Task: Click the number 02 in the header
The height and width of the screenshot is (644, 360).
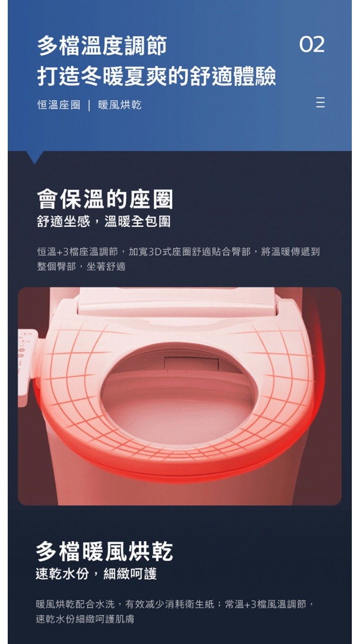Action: [312, 45]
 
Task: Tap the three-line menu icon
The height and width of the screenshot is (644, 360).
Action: [320, 102]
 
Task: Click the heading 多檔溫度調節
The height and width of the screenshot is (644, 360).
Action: [102, 45]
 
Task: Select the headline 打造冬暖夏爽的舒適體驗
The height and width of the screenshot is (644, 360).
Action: [156, 76]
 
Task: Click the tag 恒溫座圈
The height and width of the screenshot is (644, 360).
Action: [59, 105]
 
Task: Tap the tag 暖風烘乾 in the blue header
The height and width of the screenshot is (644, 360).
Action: [120, 105]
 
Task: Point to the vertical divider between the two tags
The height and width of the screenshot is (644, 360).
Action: [89, 105]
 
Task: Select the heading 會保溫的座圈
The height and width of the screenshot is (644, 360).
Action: [105, 199]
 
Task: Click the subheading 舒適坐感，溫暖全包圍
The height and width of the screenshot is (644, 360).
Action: [104, 222]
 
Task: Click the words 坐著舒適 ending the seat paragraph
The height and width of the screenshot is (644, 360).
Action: [106, 267]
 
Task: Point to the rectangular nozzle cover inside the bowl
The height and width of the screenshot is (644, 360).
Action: [191, 363]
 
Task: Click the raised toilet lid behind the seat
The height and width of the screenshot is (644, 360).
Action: [177, 301]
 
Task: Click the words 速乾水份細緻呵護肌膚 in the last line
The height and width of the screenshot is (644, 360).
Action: [85, 619]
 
